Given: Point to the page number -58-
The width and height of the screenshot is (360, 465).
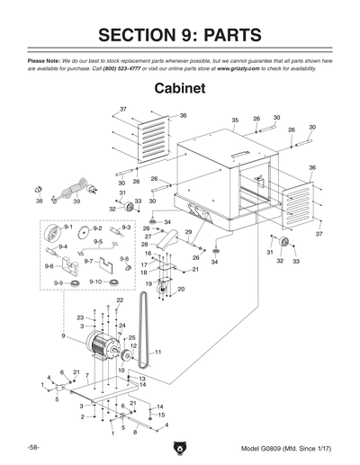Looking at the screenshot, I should pos(32,448).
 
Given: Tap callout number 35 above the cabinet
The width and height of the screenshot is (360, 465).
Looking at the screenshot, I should pos(234,120).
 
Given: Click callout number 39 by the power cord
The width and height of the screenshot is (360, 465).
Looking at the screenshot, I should pos(76,202).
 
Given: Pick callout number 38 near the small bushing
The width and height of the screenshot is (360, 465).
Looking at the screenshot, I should pos(39,202).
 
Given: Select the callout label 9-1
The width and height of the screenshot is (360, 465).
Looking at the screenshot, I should pos(56,228).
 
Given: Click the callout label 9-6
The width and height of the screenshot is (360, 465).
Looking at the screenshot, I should pos(49,266).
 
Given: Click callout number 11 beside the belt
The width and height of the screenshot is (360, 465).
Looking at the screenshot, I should pos(157,353).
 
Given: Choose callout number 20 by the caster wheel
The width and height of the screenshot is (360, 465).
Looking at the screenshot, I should pos(180,289).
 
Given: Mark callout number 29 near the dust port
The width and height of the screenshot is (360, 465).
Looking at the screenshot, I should pos(189,233).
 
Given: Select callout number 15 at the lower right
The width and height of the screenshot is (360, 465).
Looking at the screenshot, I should pos(160,416).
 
